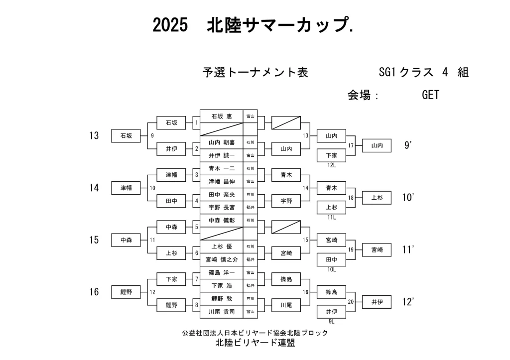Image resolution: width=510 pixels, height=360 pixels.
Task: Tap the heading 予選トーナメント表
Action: [x=255, y=73]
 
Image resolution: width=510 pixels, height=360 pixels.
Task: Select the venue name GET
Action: [x=430, y=95]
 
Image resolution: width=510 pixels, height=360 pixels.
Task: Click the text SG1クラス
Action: [x=405, y=73]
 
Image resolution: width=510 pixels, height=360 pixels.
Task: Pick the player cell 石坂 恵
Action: [x=222, y=116]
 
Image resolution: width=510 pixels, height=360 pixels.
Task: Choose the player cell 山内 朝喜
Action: [x=222, y=142]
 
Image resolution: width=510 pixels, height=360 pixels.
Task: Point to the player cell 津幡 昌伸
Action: [x=222, y=181]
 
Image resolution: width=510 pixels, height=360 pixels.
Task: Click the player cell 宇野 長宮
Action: [x=222, y=207]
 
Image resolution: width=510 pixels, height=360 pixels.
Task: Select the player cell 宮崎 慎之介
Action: [x=222, y=259]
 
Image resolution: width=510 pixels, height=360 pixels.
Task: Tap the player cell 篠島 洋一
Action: [x=222, y=273]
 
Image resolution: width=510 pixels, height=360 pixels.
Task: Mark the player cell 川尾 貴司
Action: [x=222, y=312]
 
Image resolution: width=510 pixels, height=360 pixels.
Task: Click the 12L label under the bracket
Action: [x=332, y=165]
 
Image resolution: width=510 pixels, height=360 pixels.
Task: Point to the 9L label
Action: [x=332, y=322]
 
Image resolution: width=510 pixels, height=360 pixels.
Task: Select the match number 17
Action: [x=351, y=145]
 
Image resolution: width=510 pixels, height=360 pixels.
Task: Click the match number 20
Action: [x=351, y=302]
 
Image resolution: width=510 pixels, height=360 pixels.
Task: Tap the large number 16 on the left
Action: [x=94, y=292]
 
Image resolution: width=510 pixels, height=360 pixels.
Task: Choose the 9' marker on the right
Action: [x=408, y=145]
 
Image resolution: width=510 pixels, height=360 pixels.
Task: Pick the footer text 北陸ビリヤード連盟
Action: [x=255, y=344]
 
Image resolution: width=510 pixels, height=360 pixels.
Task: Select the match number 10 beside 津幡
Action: [x=152, y=188]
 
